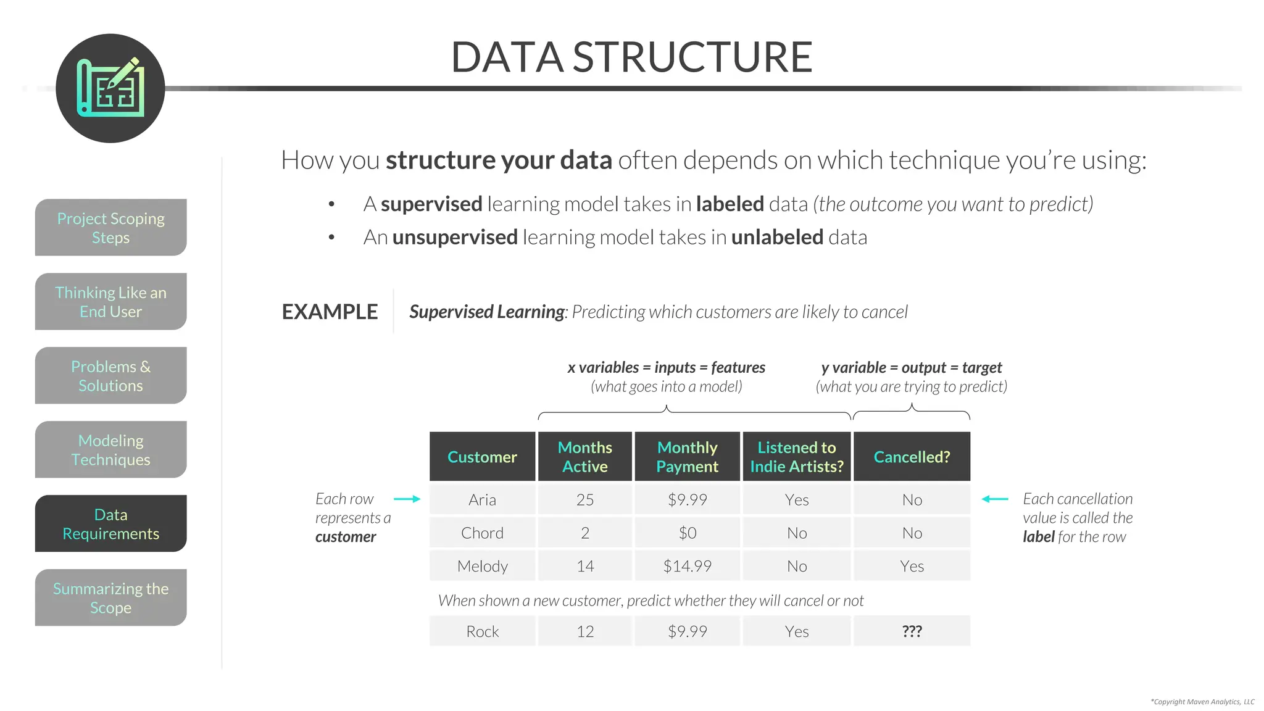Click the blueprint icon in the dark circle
click(110, 88)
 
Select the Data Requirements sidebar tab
click(110, 523)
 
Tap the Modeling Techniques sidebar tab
click(110, 449)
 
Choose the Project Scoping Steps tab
click(110, 227)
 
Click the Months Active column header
click(584, 457)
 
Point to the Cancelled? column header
click(912, 457)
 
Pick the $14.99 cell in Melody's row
click(687, 566)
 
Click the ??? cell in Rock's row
click(912, 631)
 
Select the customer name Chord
click(482, 533)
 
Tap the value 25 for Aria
click(584, 499)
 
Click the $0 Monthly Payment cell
click(687, 533)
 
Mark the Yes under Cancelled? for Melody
click(912, 566)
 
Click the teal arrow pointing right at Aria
click(407, 499)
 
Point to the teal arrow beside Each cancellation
click(995, 499)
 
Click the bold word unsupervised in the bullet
click(455, 237)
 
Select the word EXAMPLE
click(330, 312)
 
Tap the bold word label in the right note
click(1038, 537)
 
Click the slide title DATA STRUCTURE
click(631, 57)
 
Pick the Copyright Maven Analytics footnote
click(1202, 702)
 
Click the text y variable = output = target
click(911, 368)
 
